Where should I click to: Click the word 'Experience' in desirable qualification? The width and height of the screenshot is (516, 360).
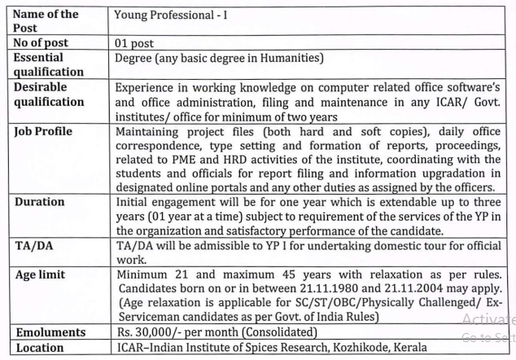(x=147, y=87)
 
